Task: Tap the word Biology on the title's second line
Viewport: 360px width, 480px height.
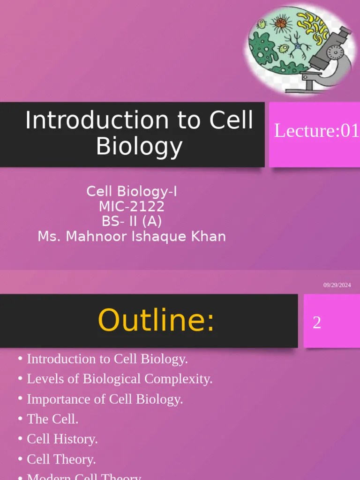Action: (139, 147)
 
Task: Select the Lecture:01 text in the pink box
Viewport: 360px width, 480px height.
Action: (316, 131)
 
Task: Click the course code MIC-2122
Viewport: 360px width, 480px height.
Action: (132, 206)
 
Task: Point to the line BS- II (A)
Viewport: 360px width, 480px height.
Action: (132, 221)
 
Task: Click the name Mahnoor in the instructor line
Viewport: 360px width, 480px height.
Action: (97, 236)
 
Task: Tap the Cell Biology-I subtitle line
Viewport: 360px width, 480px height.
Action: (132, 191)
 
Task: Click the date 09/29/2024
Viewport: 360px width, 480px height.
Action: (337, 285)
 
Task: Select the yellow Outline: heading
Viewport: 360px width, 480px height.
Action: (156, 321)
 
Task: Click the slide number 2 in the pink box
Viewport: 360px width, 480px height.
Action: (317, 322)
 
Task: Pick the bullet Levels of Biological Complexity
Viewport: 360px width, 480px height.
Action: (120, 379)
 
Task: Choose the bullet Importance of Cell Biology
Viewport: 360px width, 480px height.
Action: (105, 399)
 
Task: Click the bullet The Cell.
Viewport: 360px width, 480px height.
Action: (52, 419)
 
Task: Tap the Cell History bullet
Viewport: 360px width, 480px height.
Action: (62, 439)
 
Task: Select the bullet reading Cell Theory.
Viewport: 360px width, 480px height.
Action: (61, 460)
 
